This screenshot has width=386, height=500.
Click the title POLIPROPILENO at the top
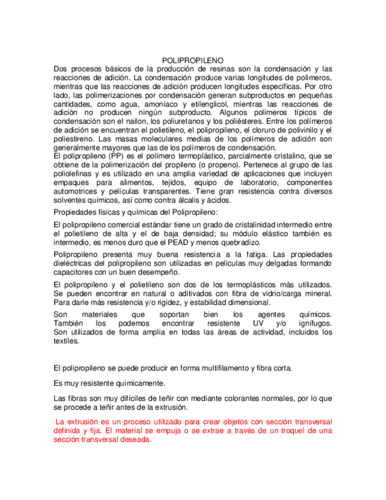pos(192,60)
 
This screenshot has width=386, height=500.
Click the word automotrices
pos(75,192)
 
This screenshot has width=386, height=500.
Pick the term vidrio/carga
pos(278,294)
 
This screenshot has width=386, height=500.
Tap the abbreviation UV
pos(259,324)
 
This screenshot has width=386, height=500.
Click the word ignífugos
pos(314,324)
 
